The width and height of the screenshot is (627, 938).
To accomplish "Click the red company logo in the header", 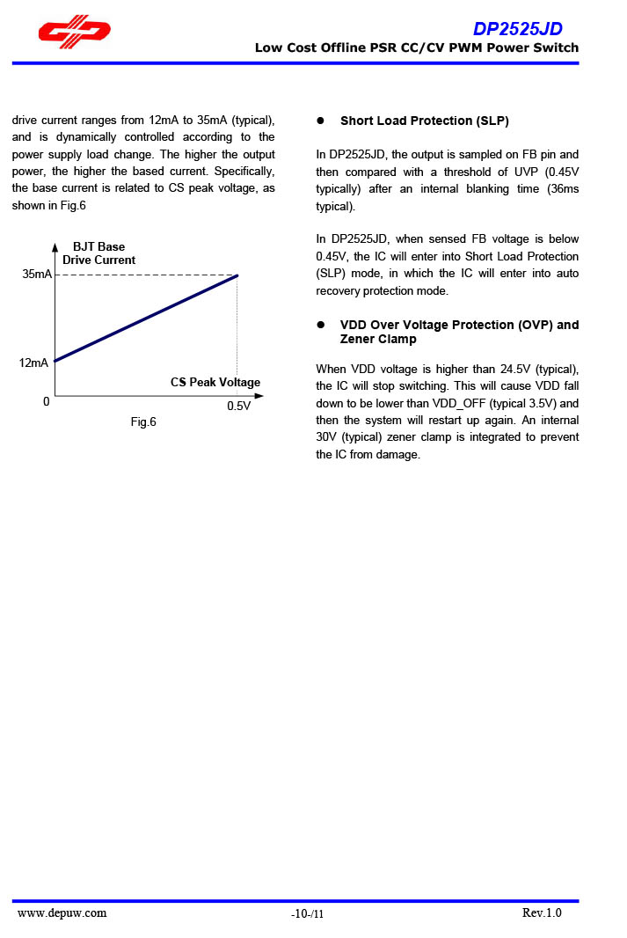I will (74, 32).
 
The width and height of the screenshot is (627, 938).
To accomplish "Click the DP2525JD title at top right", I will (517, 29).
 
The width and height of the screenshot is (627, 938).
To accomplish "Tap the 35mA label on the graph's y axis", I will (37, 275).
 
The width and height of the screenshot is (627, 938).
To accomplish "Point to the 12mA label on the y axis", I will (34, 363).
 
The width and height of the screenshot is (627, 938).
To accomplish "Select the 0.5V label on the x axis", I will (238, 407).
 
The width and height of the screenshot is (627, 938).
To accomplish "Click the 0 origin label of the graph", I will (46, 402).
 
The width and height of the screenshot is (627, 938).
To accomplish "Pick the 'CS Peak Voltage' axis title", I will (215, 383).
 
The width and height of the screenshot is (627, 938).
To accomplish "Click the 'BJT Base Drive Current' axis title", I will (98, 253).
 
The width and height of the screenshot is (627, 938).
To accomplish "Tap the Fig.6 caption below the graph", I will (143, 422).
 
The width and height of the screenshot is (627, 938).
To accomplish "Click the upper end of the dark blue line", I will (237, 275).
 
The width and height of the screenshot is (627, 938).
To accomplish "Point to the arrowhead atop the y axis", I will (55, 247).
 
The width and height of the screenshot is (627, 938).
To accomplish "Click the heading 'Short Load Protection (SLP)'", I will (425, 121).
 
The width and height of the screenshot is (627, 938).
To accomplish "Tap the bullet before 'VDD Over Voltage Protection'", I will (321, 326).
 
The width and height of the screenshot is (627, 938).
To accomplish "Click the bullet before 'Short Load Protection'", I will (321, 121).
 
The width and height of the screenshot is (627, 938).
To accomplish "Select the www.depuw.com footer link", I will (62, 913).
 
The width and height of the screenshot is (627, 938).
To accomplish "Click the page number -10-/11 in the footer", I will (308, 915).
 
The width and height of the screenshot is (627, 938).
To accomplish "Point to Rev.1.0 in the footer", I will (542, 913).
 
